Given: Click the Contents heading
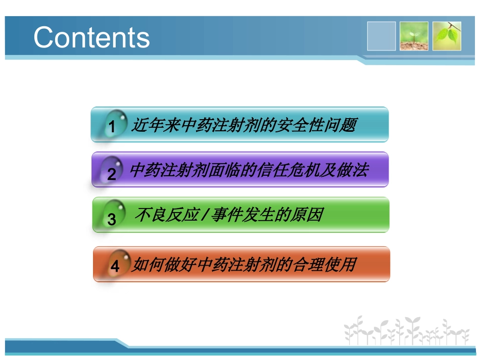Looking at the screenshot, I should pyautogui.click(x=91, y=37).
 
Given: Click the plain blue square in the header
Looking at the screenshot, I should pyautogui.click(x=381, y=36).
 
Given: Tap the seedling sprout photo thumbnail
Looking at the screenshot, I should pyautogui.click(x=414, y=36).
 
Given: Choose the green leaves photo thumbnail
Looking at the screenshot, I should pyautogui.click(x=447, y=36).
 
